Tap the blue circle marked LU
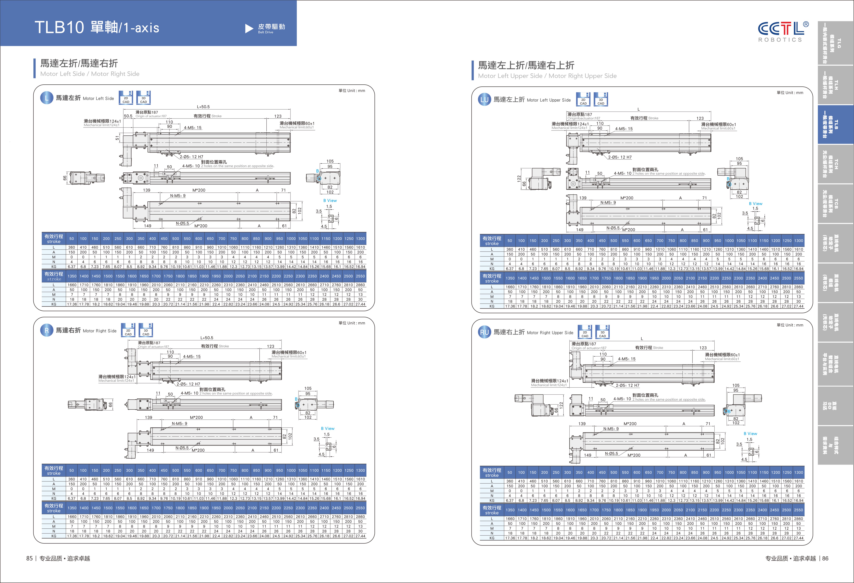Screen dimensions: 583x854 click(484, 100)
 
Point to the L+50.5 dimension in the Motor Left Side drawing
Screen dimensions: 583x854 click(203, 107)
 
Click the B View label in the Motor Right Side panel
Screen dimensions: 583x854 click(327, 428)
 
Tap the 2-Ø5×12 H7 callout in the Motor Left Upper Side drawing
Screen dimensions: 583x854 click(620, 157)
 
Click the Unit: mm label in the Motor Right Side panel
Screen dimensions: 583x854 click(352, 323)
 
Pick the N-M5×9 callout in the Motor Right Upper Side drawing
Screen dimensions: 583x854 click(611, 429)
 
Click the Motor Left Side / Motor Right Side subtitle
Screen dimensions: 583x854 click(90, 74)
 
